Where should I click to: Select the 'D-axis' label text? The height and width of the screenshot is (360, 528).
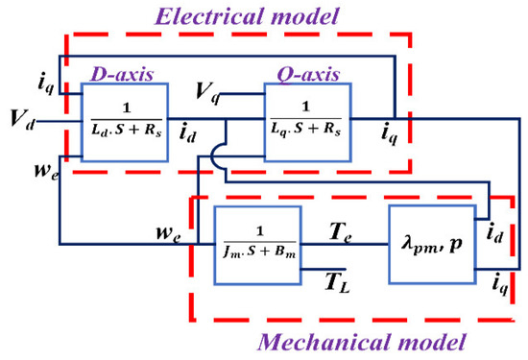tap(114, 74)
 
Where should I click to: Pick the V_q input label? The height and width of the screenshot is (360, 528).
tap(204, 93)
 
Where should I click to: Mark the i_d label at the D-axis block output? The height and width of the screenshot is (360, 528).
tap(190, 136)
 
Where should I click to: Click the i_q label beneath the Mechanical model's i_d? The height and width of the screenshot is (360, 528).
tap(497, 282)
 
